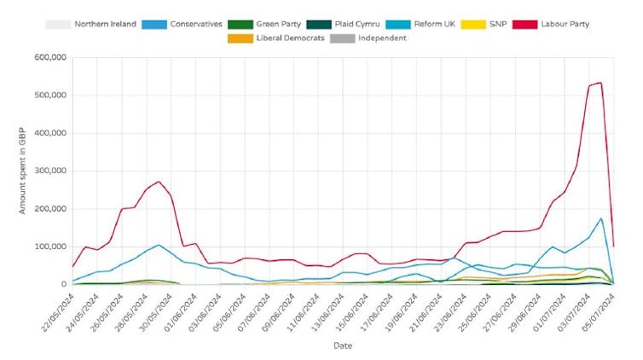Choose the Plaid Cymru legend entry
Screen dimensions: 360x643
click(x=352, y=25)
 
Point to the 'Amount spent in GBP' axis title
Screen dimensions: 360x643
click(x=23, y=171)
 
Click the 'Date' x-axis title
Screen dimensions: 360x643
click(x=341, y=346)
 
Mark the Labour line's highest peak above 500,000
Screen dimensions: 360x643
click(x=600, y=83)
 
